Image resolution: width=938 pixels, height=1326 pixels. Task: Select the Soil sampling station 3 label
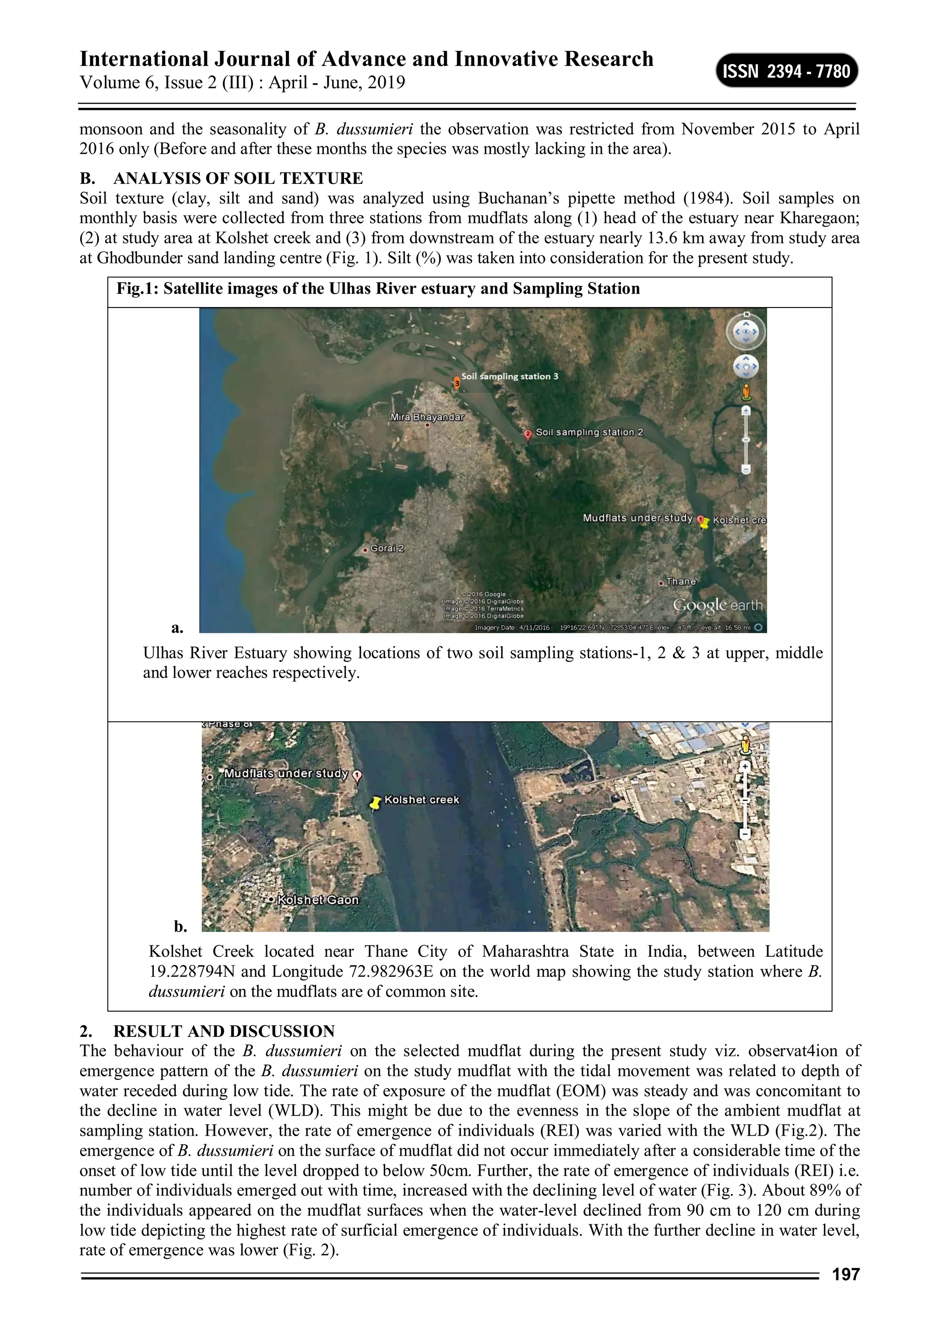coord(509,376)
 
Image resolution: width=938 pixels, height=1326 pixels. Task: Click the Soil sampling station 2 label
coord(589,432)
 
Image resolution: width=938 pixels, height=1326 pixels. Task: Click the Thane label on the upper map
coord(681,581)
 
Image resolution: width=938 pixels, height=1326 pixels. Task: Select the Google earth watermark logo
coord(717,605)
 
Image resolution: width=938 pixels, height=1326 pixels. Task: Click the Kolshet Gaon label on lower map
coord(317,899)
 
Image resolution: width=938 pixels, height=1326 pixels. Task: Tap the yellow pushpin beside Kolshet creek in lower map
coord(376,802)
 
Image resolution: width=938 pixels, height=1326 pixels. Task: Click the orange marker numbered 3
coord(457,383)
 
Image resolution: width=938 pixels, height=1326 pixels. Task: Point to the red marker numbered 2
coord(528,434)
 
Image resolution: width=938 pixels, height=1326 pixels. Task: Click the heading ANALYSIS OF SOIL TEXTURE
coord(238,178)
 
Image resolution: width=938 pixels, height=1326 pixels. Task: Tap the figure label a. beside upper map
coord(177,627)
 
